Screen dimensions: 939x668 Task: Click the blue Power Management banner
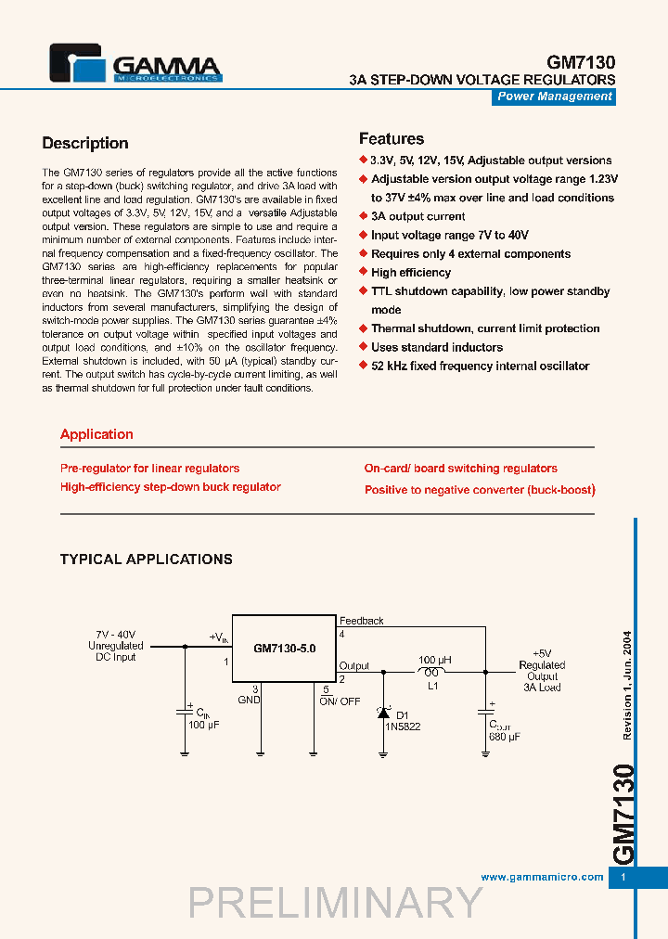[554, 96]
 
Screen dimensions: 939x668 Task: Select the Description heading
[85, 143]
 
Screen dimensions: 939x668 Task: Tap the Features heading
[392, 139]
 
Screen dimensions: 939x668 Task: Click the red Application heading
[96, 434]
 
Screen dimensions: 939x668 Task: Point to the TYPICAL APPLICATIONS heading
[147, 560]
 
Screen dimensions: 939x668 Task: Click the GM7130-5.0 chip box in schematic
[284, 649]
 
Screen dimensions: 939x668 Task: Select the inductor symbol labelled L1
[431, 671]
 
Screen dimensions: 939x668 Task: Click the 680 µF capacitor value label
[505, 736]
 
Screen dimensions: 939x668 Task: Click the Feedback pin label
[361, 621]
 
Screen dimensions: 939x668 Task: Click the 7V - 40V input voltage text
[115, 634]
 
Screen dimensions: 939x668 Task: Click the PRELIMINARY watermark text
[336, 903]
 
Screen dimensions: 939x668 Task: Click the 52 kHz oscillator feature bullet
[480, 367]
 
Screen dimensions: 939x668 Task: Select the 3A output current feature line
[417, 216]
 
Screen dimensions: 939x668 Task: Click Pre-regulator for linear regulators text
[149, 469]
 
